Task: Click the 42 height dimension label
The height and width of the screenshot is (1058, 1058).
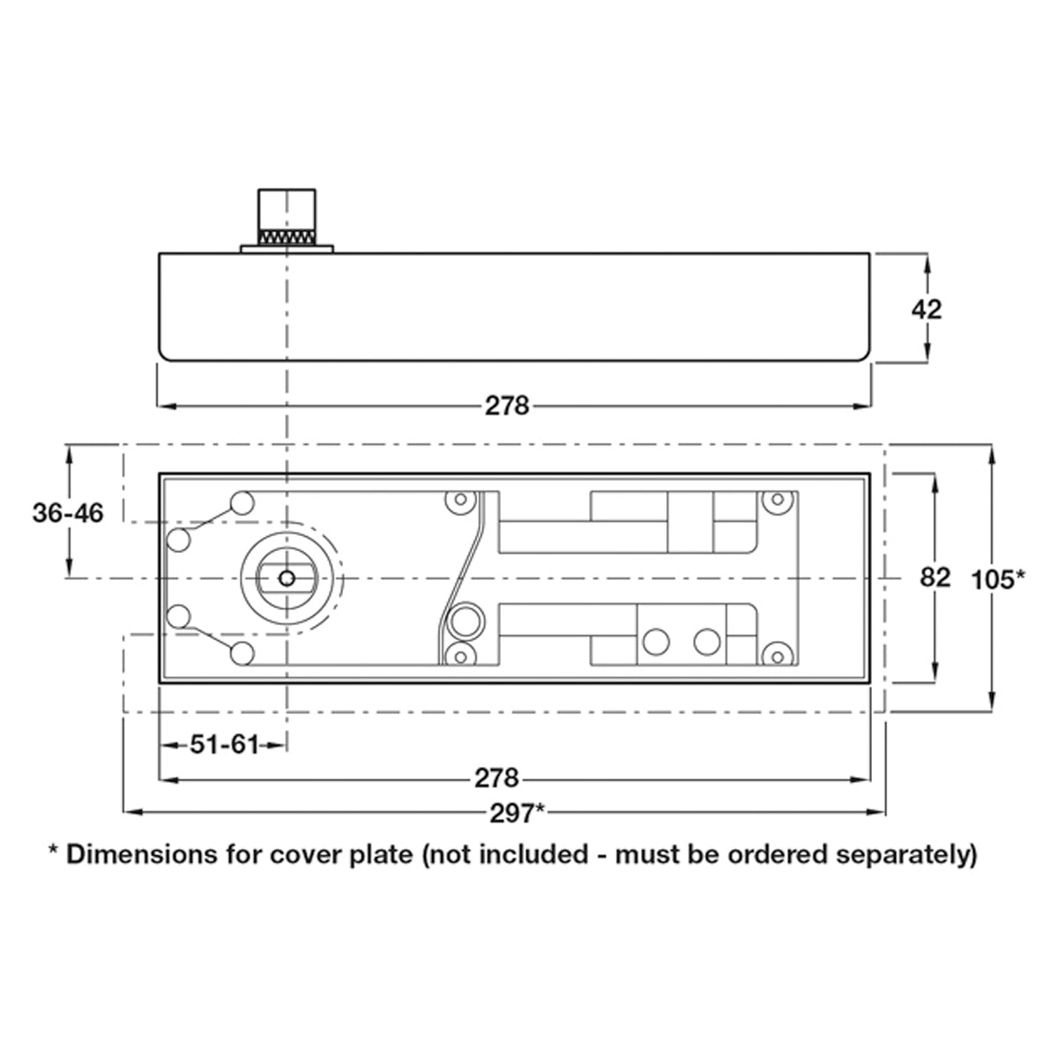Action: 927,309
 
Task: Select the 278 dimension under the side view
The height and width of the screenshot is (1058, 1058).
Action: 507,406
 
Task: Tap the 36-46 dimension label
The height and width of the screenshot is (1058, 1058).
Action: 68,513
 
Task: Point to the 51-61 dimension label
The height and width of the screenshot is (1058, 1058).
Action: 224,745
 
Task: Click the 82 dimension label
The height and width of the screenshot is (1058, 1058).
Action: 935,577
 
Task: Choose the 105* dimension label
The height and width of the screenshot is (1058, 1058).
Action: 998,580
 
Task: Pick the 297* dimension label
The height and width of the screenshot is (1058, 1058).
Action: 518,813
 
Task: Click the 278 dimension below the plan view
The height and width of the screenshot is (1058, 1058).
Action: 497,778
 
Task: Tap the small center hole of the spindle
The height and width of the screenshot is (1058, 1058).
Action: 286,578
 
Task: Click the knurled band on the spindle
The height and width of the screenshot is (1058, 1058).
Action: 287,238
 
